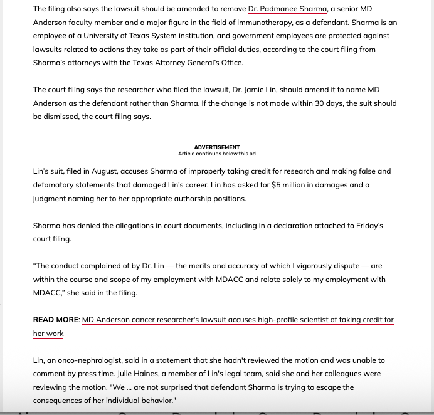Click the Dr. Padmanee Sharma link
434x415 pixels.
click(287, 9)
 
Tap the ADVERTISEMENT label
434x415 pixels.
click(216, 147)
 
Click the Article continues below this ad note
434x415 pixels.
click(216, 154)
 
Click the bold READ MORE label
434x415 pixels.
click(56, 320)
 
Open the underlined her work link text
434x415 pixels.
click(48, 334)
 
